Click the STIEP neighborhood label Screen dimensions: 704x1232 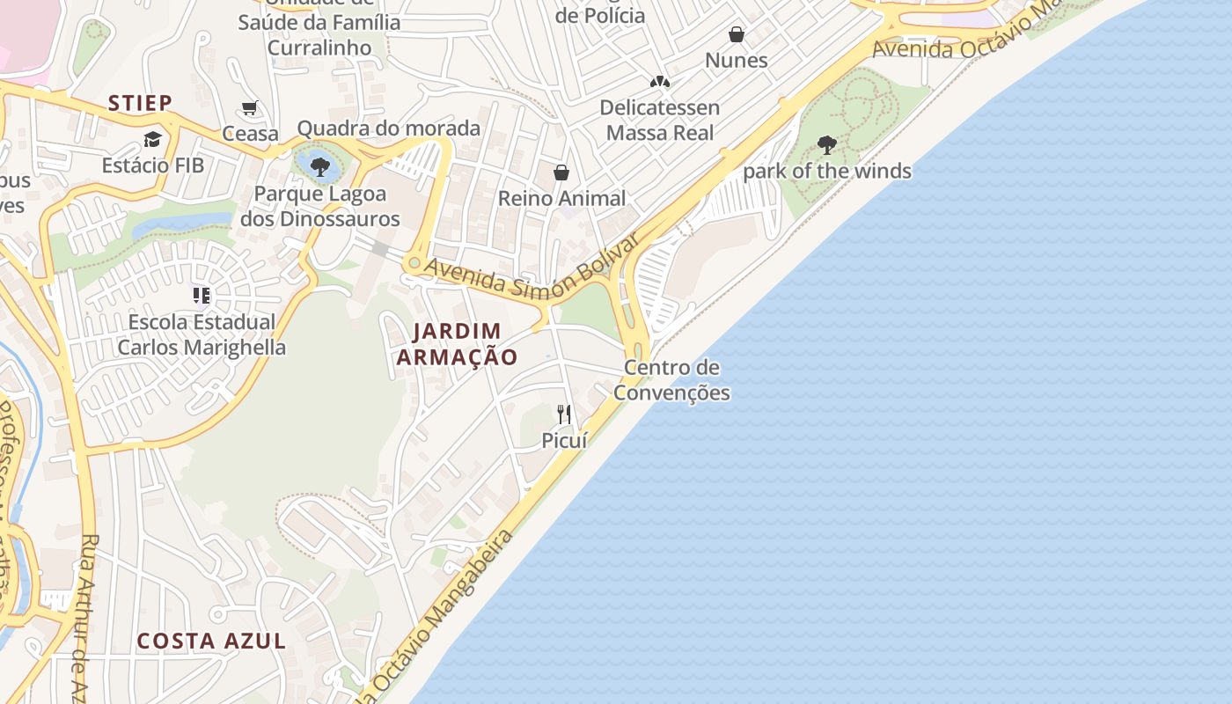point(140,103)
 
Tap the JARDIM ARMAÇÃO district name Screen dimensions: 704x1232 point(457,344)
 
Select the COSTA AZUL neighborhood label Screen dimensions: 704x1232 point(211,641)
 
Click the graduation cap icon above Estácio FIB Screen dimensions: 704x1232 point(153,140)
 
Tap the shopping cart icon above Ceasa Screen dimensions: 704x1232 point(250,108)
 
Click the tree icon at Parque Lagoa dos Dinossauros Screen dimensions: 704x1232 point(320,165)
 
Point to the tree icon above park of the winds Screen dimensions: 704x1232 point(826,145)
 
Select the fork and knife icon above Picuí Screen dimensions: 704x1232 point(564,414)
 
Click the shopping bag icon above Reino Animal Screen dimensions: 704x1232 point(561,172)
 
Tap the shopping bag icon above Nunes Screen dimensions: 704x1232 point(737,34)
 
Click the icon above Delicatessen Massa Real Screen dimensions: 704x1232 point(660,82)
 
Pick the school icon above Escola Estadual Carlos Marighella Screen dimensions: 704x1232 point(202,296)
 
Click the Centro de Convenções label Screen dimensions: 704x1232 point(671,380)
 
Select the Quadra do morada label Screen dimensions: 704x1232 point(389,128)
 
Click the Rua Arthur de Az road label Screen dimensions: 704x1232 point(87,616)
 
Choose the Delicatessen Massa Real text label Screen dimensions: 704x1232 point(660,121)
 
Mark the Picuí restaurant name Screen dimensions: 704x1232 point(564,440)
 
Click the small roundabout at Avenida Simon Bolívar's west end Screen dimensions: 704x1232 point(414,262)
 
